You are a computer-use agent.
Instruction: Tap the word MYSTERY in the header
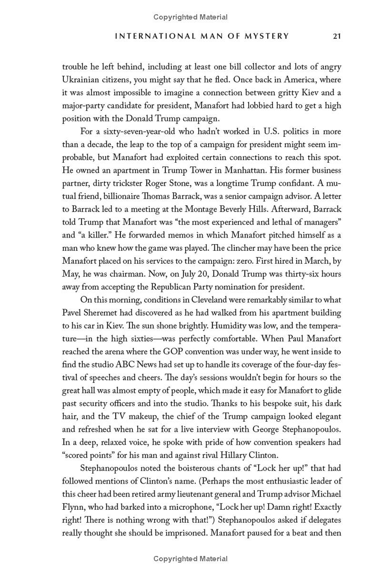tap(265, 36)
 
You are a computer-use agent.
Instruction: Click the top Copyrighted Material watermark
tap(190, 17)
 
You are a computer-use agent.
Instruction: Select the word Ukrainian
tap(81, 80)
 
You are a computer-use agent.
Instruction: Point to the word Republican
tap(160, 287)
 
